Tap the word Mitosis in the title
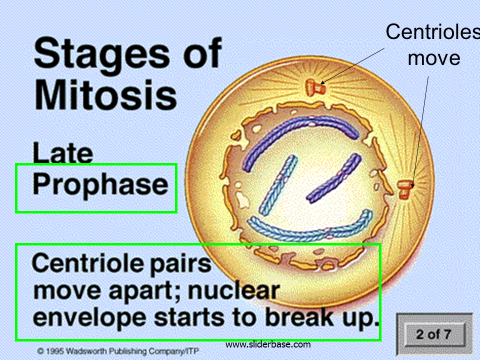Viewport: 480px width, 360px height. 105,94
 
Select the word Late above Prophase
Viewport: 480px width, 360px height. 63,153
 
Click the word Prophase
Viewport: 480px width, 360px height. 100,184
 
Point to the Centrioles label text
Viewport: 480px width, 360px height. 432,31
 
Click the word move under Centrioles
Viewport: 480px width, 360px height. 434,58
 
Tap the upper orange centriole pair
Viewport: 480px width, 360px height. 315,87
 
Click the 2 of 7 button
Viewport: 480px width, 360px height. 434,334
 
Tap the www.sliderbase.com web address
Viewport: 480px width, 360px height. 268,344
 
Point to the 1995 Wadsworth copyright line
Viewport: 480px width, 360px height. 118,351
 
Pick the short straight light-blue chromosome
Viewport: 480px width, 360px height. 278,185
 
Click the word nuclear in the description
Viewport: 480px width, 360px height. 233,290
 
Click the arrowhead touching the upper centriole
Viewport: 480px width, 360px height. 322,82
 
